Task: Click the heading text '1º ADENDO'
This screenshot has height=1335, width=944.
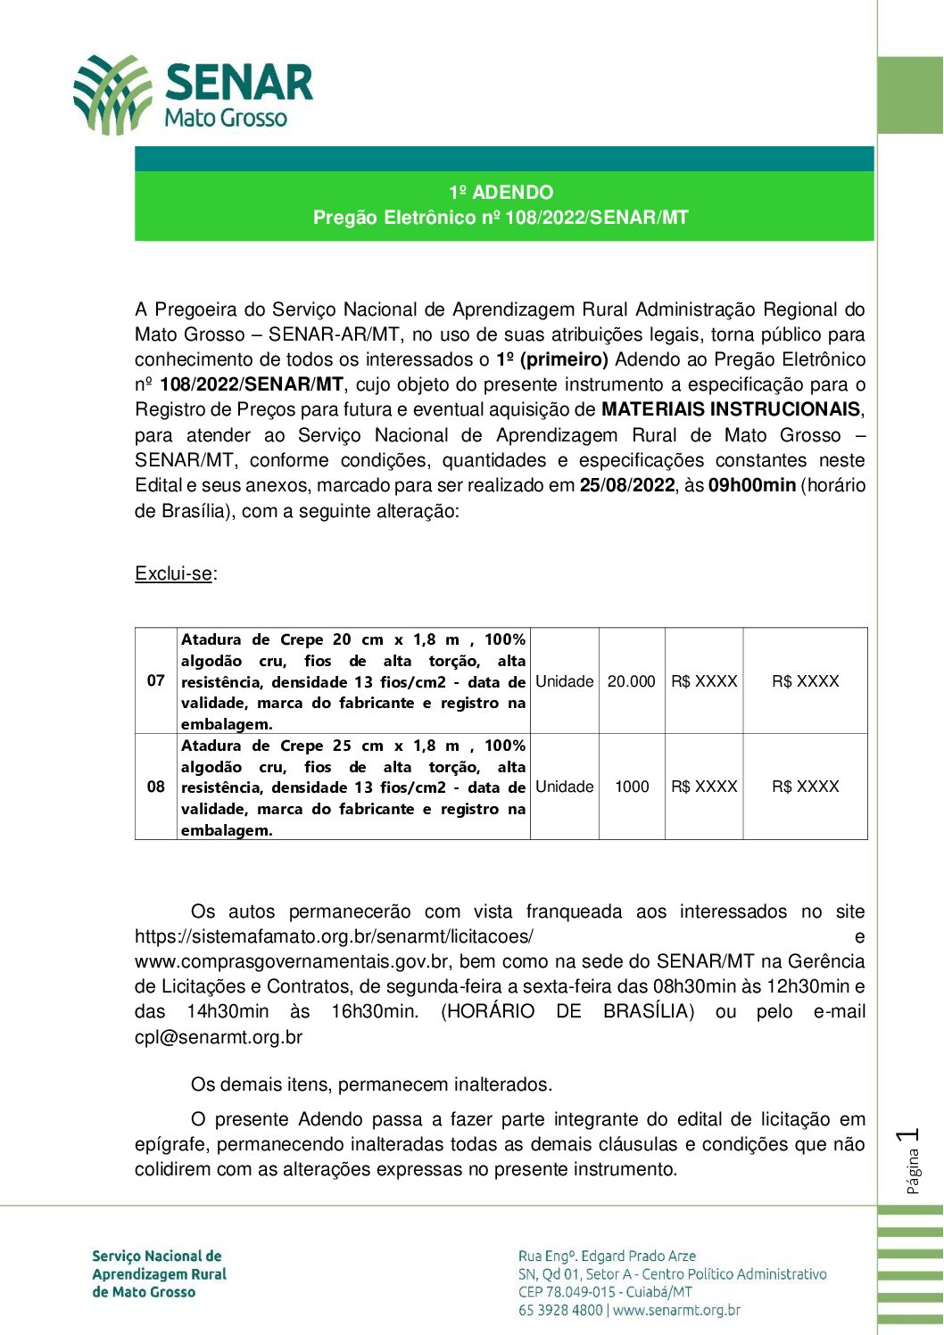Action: pyautogui.click(x=501, y=193)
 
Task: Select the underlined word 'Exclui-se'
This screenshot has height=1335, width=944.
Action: pyautogui.click(x=174, y=573)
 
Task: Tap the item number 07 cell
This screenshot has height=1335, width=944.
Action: pyautogui.click(x=156, y=681)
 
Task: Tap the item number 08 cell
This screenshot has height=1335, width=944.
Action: pyautogui.click(x=156, y=787)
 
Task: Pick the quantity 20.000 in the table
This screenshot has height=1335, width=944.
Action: pyautogui.click(x=632, y=681)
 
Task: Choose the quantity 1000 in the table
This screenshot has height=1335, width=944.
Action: pyautogui.click(x=632, y=787)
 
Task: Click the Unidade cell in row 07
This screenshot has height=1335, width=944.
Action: pyautogui.click(x=564, y=681)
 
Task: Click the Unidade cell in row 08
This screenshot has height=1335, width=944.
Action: pyautogui.click(x=564, y=787)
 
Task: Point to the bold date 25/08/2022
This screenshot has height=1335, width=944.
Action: pyautogui.click(x=627, y=486)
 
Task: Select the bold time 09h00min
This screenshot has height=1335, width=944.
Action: pyautogui.click(x=751, y=486)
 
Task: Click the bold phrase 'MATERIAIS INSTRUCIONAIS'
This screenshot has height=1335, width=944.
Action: pyautogui.click(x=731, y=410)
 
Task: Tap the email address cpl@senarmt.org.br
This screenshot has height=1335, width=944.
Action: pyautogui.click(x=219, y=1037)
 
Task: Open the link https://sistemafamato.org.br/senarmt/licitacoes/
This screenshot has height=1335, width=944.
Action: pyautogui.click(x=334, y=937)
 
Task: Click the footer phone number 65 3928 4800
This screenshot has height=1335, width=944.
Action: pyautogui.click(x=560, y=1310)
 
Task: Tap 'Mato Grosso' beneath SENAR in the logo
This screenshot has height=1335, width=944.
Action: pyautogui.click(x=226, y=118)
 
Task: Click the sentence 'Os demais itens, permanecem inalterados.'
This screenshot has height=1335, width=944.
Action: pyautogui.click(x=371, y=1085)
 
